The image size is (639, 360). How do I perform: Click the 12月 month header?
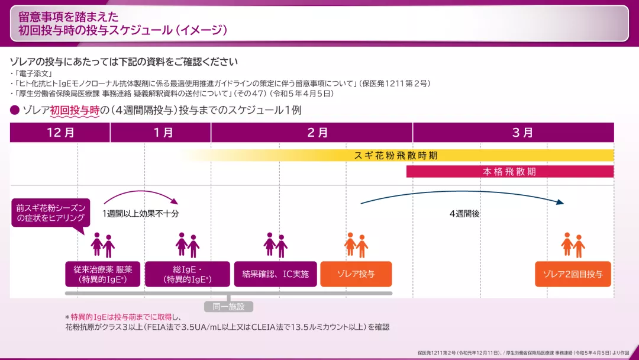[60, 133]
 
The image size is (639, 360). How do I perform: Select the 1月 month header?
[160, 133]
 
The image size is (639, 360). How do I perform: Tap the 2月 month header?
[312, 133]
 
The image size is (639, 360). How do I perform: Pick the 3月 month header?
[514, 133]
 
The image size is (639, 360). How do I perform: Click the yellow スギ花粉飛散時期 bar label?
[396, 156]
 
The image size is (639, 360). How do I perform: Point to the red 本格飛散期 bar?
[509, 172]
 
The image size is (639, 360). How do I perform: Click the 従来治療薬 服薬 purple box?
[102, 274]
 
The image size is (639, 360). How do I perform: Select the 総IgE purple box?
[187, 274]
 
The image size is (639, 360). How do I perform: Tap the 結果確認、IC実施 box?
[276, 274]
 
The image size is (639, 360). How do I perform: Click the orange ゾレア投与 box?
[356, 274]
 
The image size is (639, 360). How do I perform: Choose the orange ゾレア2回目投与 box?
[573, 274]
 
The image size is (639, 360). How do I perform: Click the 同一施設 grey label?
[228, 307]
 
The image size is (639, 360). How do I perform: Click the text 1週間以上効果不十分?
[140, 214]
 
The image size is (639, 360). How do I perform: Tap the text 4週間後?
[464, 214]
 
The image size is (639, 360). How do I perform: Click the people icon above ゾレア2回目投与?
[573, 245]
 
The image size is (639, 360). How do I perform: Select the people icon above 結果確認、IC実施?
[276, 245]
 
